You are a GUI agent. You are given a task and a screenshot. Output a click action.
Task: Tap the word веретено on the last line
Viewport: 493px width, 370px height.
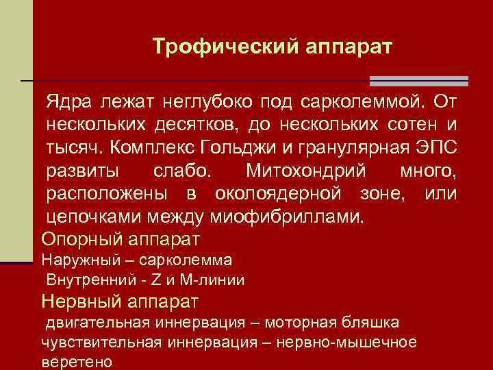pyautogui.click(x=77, y=362)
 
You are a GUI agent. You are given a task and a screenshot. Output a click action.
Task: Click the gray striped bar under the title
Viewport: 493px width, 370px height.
pyautogui.click(x=418, y=81)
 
